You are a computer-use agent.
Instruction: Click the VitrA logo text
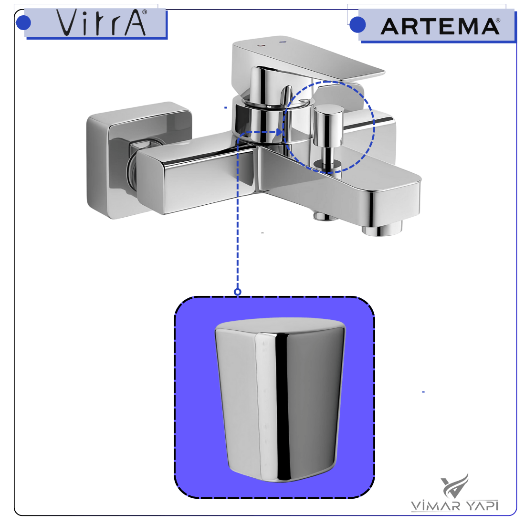[101, 22]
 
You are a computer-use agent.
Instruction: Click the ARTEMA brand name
[440, 26]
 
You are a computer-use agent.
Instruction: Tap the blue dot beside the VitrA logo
[23, 22]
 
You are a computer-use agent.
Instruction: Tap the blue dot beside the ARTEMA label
[357, 25]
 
